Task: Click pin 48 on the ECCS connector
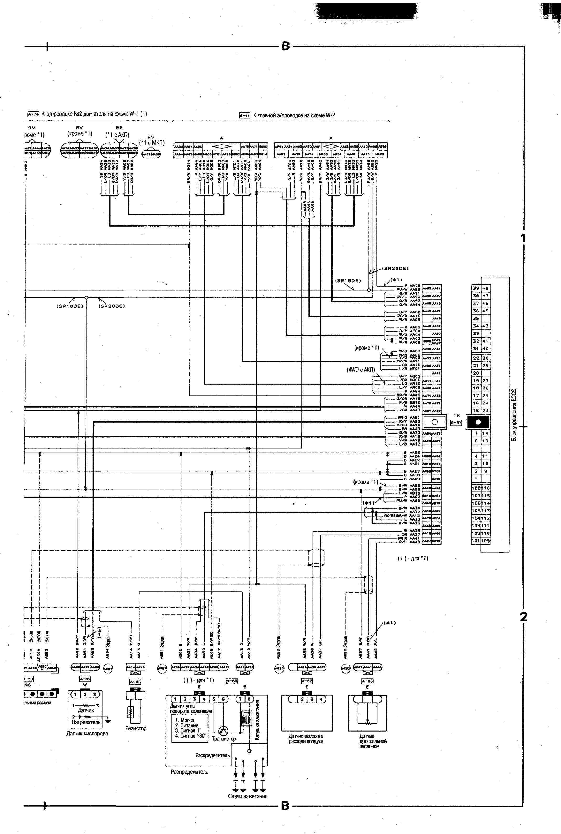click(x=486, y=288)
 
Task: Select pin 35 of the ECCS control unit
click(x=476, y=318)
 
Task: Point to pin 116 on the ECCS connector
click(x=486, y=488)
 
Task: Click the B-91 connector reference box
click(x=456, y=423)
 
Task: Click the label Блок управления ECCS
click(x=514, y=415)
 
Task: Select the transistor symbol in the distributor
click(x=224, y=731)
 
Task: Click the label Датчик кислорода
click(x=87, y=733)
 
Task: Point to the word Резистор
click(x=135, y=728)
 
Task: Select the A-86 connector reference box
click(x=367, y=681)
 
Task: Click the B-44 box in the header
click(x=244, y=116)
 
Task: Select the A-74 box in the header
click(x=33, y=115)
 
